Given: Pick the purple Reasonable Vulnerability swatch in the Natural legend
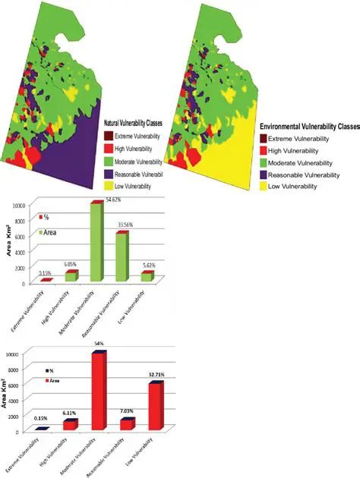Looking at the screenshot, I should pos(109,174).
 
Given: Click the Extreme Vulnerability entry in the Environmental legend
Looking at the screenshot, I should pos(304,138).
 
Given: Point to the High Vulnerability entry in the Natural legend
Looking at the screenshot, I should pos(145,148).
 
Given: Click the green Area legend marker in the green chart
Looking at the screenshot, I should pos(42,231).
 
